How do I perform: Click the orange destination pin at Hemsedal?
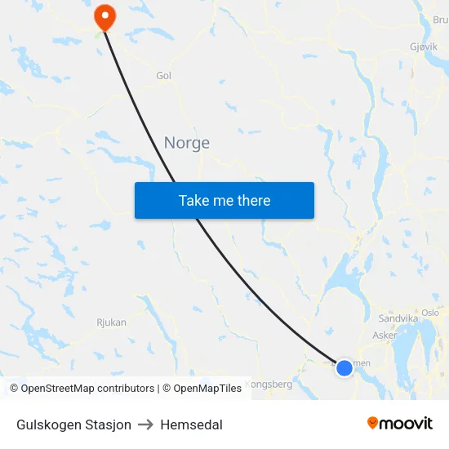(105, 16)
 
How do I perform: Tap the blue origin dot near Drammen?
(345, 368)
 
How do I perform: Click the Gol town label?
(163, 76)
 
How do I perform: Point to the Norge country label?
(187, 143)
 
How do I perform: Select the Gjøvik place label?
(422, 47)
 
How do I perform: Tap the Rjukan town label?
(111, 322)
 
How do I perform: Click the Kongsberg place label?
(269, 384)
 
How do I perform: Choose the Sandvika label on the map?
(398, 318)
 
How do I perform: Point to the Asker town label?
(385, 335)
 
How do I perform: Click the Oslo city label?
(430, 313)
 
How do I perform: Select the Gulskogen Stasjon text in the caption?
(73, 425)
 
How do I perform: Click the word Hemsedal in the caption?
(191, 425)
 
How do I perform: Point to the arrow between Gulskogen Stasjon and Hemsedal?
(146, 425)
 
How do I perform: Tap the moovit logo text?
(406, 424)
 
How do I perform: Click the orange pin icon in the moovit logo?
(373, 423)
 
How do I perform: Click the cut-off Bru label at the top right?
(440, 20)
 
